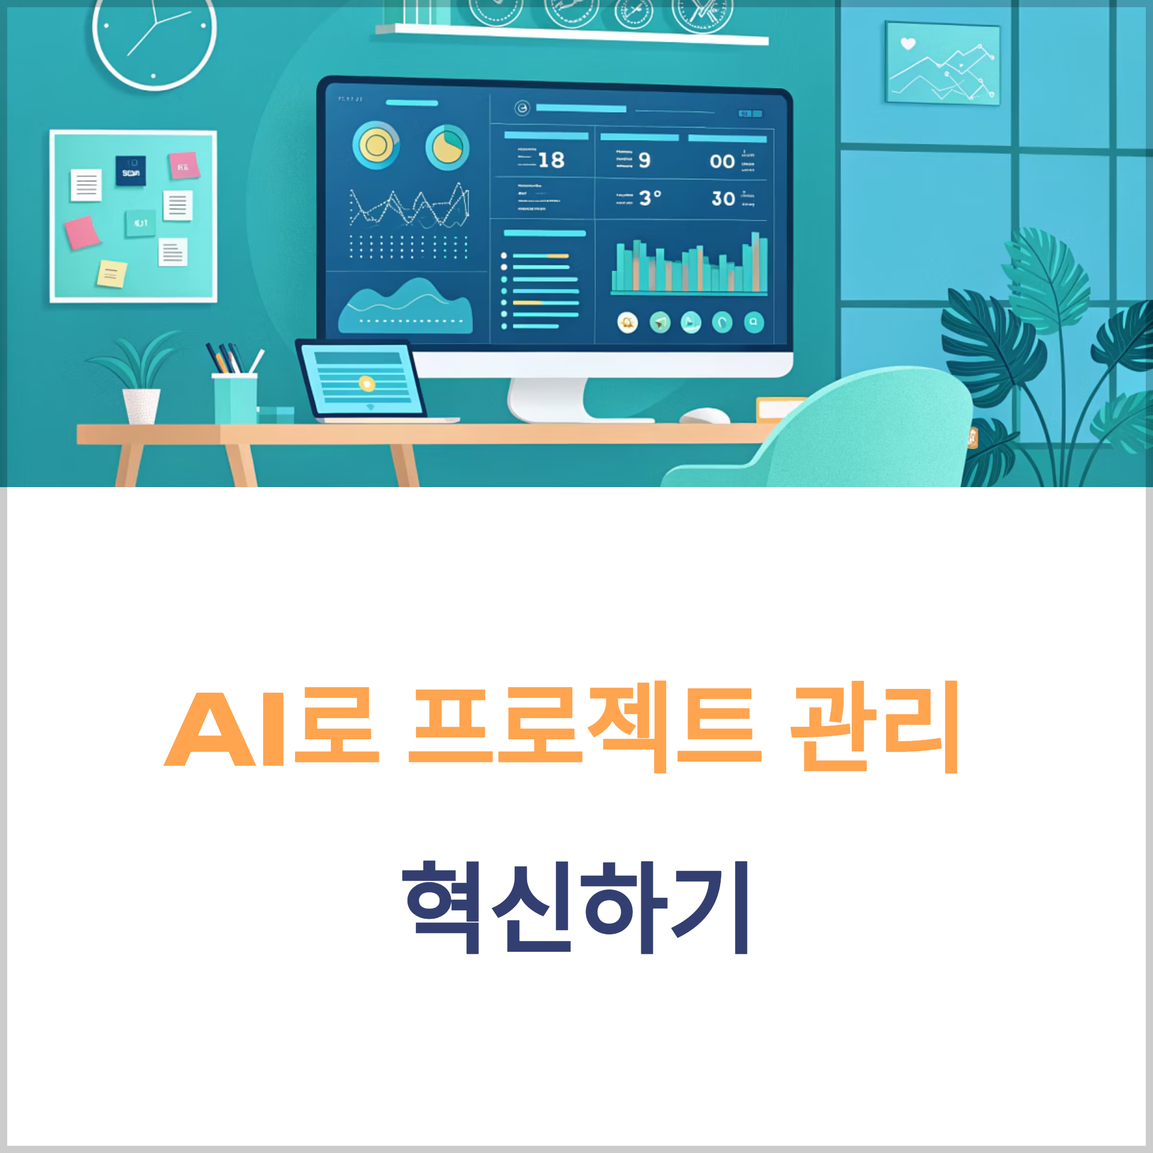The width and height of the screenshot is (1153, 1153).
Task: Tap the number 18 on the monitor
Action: [x=551, y=160]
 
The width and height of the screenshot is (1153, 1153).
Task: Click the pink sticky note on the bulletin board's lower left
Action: [x=82, y=232]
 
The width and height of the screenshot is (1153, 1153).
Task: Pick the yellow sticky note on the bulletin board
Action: [x=111, y=274]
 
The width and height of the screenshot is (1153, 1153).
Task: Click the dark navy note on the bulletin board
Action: [x=131, y=171]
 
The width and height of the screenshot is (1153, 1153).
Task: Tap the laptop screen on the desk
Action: [x=362, y=380]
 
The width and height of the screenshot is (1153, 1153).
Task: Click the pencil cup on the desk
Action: [x=235, y=397]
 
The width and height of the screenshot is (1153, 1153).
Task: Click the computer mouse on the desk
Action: [x=705, y=416]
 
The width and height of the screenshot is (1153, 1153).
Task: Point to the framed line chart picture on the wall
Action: [x=942, y=62]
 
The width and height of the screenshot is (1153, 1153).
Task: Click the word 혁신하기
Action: [x=576, y=907]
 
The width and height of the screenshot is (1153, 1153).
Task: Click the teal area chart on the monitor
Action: [x=406, y=307]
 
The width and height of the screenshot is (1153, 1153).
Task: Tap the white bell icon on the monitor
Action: [x=627, y=323]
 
